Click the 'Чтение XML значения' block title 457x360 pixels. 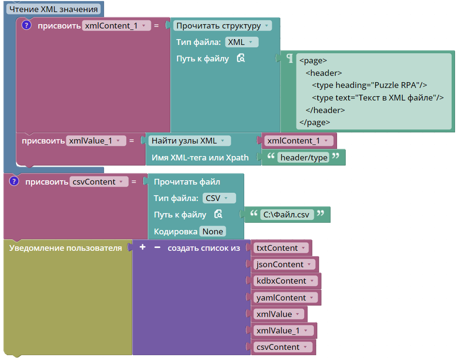pyautogui.click(x=53, y=9)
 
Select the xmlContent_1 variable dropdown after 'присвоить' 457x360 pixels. pyautogui.click(x=116, y=26)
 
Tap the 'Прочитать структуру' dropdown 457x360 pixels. pyautogui.click(x=222, y=26)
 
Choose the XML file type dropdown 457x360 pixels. pyautogui.click(x=242, y=42)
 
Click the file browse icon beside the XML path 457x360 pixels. pyautogui.click(x=241, y=58)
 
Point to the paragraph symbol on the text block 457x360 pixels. pyautogui.click(x=289, y=58)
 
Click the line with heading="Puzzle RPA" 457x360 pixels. pyautogui.click(x=369, y=85)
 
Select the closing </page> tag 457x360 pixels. pyautogui.click(x=314, y=122)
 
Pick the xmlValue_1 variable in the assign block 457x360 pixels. pyautogui.click(x=96, y=141)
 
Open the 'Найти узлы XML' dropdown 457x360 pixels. pyautogui.click(x=190, y=141)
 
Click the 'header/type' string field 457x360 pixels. pyautogui.click(x=303, y=158)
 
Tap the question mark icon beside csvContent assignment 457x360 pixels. pyautogui.click(x=14, y=181)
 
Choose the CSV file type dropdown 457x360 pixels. pyautogui.click(x=219, y=198)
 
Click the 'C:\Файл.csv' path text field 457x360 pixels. pyautogui.click(x=287, y=215)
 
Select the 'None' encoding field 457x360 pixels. pyautogui.click(x=213, y=231)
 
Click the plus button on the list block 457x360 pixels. pyautogui.click(x=143, y=247)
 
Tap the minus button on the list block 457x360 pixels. pyautogui.click(x=157, y=247)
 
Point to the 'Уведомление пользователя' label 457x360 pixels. pyautogui.click(x=65, y=248)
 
